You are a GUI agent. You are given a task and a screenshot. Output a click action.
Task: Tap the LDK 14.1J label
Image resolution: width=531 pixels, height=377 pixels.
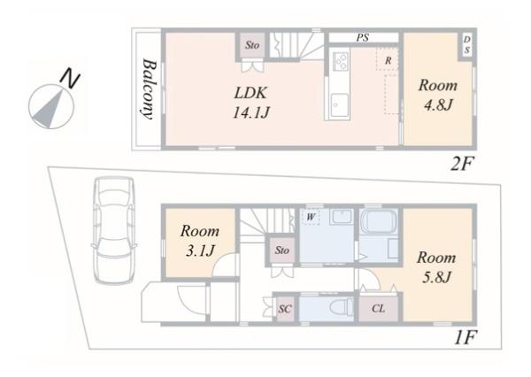[x=251, y=103]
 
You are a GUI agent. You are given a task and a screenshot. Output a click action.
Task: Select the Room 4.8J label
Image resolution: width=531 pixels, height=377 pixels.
[x=438, y=95]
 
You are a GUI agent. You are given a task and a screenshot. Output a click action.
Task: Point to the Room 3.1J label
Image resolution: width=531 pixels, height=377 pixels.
[x=200, y=241]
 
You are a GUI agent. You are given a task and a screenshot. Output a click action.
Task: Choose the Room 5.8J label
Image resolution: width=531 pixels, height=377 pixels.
[x=436, y=267]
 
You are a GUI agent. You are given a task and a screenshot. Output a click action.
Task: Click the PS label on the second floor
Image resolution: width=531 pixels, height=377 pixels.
[x=362, y=37]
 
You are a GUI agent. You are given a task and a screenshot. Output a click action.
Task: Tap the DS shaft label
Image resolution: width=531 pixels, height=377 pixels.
[x=466, y=45]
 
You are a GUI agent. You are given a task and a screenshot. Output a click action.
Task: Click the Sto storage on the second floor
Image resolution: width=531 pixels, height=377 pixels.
[x=252, y=45]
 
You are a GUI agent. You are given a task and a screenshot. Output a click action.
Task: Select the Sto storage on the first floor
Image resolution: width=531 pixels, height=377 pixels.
[x=281, y=250]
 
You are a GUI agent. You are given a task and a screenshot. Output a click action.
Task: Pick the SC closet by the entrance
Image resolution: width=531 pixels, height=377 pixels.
[x=285, y=309]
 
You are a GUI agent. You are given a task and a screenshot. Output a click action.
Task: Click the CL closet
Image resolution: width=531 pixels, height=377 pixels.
[x=378, y=308]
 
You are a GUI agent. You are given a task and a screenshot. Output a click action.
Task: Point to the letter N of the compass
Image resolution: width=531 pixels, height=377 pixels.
[x=69, y=79]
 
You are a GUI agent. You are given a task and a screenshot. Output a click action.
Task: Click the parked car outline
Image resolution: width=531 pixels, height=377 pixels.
[x=114, y=230]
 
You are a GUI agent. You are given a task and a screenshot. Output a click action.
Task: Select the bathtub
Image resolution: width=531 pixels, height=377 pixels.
[x=378, y=220]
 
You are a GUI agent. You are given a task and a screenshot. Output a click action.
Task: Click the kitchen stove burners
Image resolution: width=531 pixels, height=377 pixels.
[x=341, y=61]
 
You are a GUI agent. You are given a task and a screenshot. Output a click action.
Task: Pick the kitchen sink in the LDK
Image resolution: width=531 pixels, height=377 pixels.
[x=340, y=104]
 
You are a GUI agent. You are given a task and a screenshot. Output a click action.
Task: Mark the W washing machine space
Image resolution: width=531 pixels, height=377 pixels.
[x=311, y=217]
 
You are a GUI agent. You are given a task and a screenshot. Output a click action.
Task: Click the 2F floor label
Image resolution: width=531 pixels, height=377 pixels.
[x=462, y=164]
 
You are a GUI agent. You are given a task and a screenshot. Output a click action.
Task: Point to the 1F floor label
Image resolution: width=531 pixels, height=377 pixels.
[x=466, y=337]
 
